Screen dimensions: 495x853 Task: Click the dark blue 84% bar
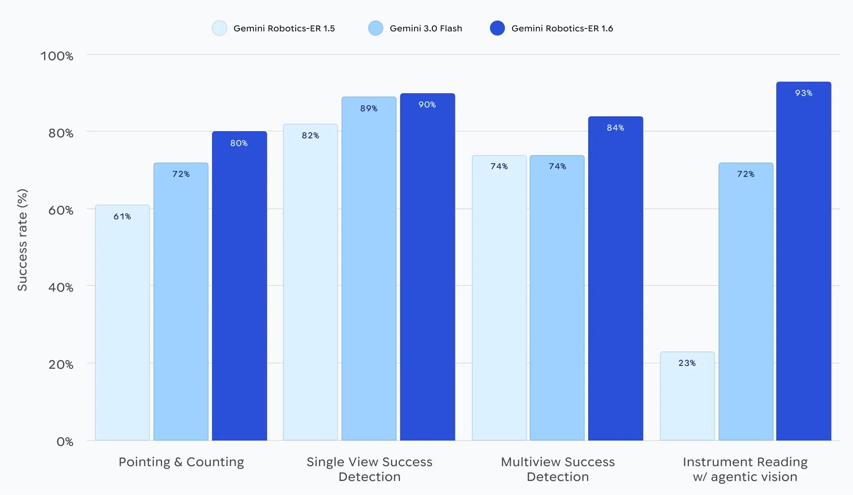coord(615,280)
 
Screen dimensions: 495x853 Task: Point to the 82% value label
coord(311,136)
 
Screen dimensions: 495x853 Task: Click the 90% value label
coord(427,105)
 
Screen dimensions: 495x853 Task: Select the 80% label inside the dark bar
coord(239,143)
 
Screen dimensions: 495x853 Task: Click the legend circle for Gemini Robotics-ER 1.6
coord(497,28)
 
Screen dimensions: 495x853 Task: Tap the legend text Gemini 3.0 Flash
coord(426,28)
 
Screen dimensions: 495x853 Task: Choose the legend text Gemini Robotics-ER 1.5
coord(284,28)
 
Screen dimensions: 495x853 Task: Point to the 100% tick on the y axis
coord(57,56)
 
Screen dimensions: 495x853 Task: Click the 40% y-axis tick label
coord(61,288)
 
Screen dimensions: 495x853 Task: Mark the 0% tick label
coord(65,442)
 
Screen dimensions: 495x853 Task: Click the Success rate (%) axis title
coord(22,240)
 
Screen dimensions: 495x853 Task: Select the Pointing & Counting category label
coord(181,462)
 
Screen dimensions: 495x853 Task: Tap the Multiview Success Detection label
coord(558,469)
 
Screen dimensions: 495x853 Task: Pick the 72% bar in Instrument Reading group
coord(746,305)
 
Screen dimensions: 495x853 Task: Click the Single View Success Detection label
coord(369,469)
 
